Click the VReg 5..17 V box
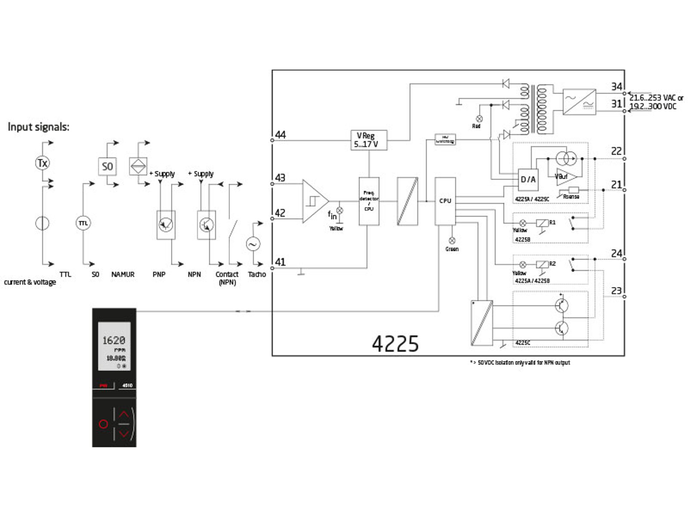click(368, 140)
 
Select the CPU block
click(445, 201)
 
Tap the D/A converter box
click(528, 180)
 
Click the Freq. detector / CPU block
click(369, 201)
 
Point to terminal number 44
click(280, 135)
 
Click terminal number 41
click(280, 262)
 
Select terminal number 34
click(616, 87)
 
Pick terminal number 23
click(616, 291)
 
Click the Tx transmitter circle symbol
click(42, 163)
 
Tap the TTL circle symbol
click(83, 223)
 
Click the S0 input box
click(107, 167)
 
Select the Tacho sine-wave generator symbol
click(253, 244)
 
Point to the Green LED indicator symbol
click(452, 240)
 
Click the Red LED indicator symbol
click(479, 119)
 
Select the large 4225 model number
click(395, 344)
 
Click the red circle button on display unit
click(103, 424)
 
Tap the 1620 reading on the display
click(114, 340)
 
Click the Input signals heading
click(38, 127)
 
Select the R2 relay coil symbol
click(542, 264)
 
